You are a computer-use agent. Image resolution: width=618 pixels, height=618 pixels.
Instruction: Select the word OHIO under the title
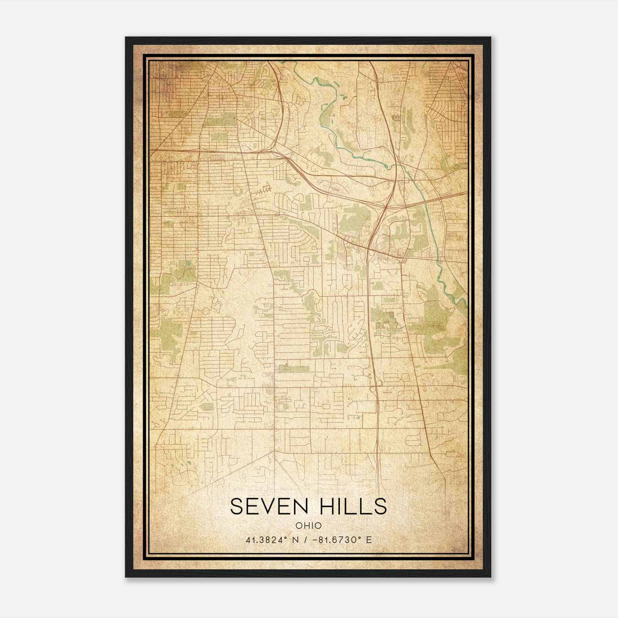(308, 526)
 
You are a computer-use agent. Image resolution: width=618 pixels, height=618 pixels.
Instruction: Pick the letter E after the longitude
(369, 540)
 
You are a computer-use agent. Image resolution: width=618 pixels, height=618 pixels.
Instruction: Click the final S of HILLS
(380, 506)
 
